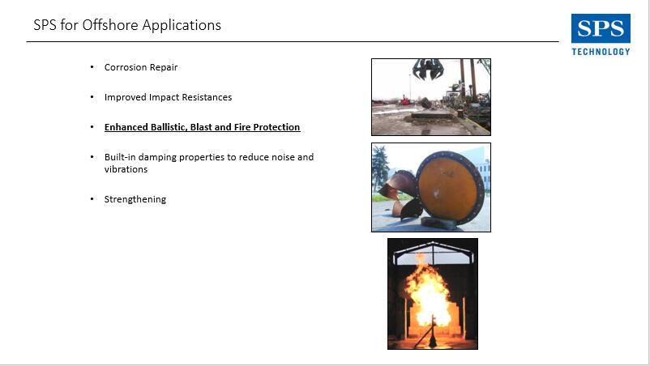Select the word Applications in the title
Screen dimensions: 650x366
(182, 26)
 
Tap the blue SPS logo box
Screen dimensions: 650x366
(601, 28)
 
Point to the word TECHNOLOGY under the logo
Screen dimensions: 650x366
(601, 52)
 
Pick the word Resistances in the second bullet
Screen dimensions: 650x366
(207, 97)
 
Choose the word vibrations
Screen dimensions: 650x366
(126, 169)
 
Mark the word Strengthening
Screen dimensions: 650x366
(135, 199)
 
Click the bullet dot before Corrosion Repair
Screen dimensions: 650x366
(92, 66)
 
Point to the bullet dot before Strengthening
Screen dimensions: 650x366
(92, 198)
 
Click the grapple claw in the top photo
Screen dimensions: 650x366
(428, 69)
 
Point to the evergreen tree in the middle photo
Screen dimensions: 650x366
(380, 169)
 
